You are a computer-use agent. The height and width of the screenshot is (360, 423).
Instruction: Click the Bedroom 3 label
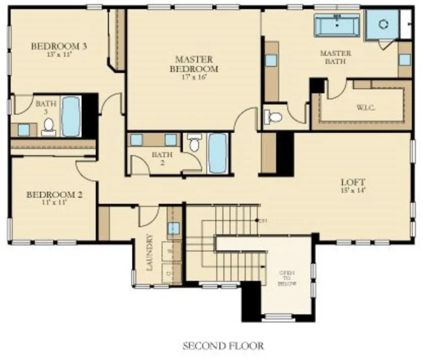59,46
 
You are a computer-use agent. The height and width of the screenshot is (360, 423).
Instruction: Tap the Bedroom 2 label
54,194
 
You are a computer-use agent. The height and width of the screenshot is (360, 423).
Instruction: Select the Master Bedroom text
194,64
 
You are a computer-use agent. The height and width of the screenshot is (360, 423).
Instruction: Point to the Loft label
353,182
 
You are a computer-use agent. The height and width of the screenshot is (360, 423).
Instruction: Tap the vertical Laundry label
150,252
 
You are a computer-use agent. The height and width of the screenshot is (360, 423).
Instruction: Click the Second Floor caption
223,346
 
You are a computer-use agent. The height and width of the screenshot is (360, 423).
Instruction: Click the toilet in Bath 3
49,126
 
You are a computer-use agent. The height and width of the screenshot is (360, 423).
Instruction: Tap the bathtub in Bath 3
71,116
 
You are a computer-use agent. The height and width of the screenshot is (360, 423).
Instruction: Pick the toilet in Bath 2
194,144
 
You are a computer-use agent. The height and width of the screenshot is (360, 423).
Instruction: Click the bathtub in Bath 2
217,152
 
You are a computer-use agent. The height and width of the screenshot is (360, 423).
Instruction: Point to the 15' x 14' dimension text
353,191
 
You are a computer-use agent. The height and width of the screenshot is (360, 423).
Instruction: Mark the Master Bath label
335,57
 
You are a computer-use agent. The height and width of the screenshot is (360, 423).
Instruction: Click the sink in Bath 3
24,130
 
